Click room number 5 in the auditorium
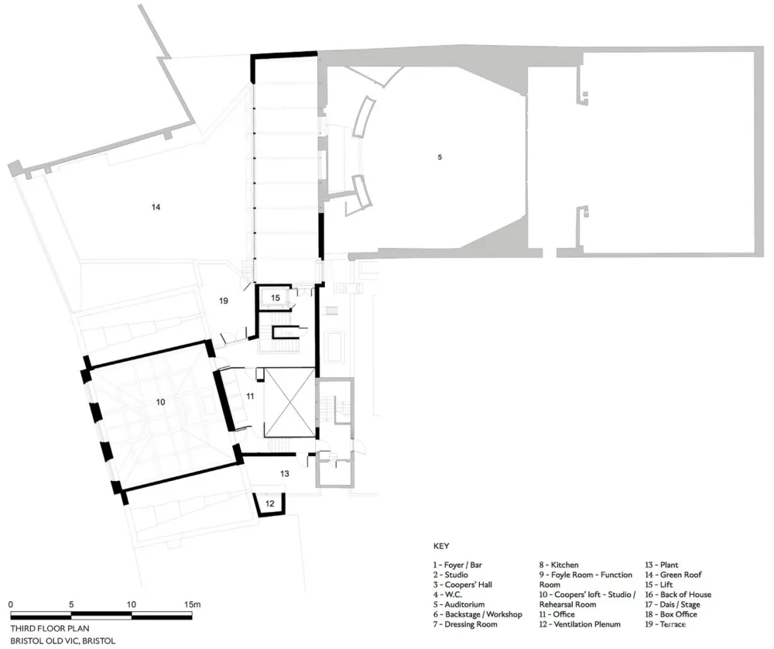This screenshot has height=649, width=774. (x=440, y=157)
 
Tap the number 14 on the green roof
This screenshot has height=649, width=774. (x=156, y=207)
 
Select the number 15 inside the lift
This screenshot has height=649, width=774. (x=275, y=297)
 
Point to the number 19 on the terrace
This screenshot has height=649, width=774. (x=223, y=300)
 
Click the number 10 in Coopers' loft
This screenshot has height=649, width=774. (x=160, y=403)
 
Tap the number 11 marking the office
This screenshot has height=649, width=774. (x=250, y=396)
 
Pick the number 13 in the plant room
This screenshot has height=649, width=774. (x=284, y=473)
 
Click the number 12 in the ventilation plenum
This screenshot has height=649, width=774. (x=269, y=503)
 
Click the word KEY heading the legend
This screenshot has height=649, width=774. (x=441, y=546)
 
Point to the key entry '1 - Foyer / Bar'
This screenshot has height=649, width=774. (x=461, y=565)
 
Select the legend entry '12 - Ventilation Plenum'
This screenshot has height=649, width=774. (x=580, y=624)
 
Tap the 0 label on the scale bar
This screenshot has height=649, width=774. (x=12, y=603)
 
